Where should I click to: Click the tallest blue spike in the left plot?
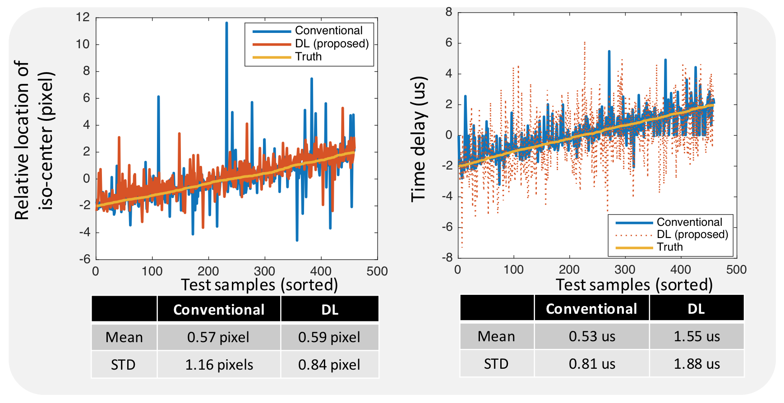pos(226,23)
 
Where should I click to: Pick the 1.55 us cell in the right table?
pos(696,336)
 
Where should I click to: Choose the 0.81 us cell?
pos(592,364)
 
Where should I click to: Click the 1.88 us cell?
pos(696,364)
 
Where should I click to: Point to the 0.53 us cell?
pos(592,336)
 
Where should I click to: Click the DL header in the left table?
pos(330,310)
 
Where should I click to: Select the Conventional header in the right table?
pos(591,309)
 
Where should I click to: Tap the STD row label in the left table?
pos(123,365)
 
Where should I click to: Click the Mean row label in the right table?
pos(496,336)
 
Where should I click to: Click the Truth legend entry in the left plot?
pos(308,57)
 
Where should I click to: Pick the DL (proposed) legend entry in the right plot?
pos(692,234)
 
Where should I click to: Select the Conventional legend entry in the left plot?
pos(328,31)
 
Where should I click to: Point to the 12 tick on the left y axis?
pos(83,18)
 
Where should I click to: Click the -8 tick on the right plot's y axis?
pos(447,257)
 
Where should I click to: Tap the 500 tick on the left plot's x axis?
pos(377,271)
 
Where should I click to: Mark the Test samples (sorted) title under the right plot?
pos(634,285)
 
